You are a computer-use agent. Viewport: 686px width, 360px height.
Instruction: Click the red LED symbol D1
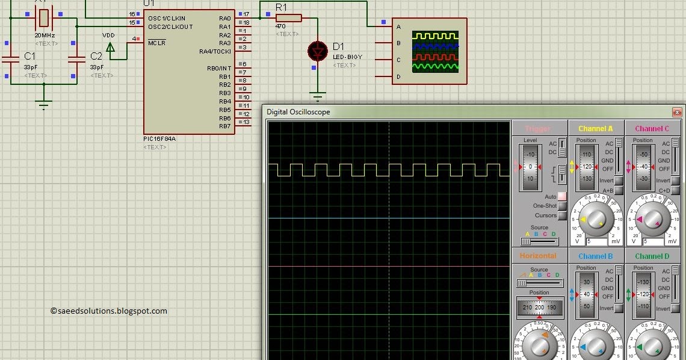pos(317,52)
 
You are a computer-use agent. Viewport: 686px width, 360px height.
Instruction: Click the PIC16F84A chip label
pos(159,138)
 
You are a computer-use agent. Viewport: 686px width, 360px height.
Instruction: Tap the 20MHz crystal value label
pos(46,36)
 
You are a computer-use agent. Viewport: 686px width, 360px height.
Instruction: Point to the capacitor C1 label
pos(29,56)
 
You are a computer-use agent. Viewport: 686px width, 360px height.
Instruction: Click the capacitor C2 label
pos(96,56)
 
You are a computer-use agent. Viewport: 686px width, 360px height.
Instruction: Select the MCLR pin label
pos(156,43)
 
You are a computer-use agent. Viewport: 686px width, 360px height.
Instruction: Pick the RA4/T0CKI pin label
pos(215,52)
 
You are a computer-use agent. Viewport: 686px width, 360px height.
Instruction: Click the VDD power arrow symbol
pos(110,48)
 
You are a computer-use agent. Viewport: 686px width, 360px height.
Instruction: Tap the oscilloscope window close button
pos(677,112)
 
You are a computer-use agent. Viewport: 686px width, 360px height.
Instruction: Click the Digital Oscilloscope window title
pos(298,112)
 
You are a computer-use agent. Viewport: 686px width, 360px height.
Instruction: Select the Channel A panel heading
pos(596,128)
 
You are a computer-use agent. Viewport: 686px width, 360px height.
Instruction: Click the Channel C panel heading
pos(652,128)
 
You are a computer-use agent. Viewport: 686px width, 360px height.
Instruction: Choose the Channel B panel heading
pos(596,256)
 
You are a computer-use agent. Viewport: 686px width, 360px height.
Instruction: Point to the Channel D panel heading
pos(652,256)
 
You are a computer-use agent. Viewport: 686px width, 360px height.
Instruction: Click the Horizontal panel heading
pos(538,256)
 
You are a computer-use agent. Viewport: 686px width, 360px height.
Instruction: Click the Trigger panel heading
pos(537,128)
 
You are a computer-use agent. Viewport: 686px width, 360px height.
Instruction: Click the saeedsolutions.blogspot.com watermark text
pos(109,311)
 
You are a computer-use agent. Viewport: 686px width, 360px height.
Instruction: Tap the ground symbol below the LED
pos(317,95)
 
